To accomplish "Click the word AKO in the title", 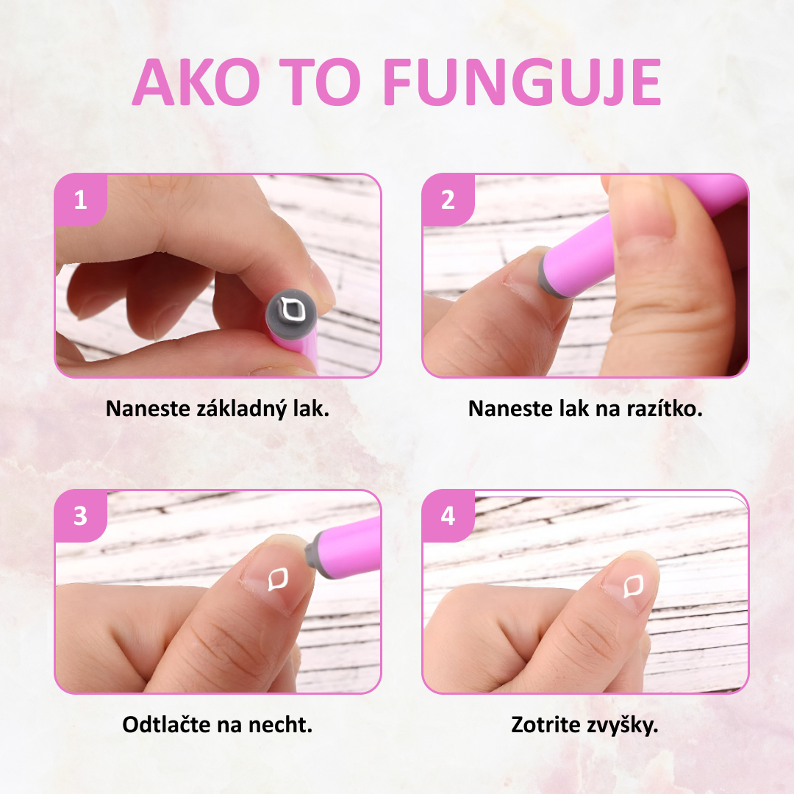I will [196, 83].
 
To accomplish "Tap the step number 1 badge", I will [80, 199].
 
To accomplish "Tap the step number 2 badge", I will [448, 199].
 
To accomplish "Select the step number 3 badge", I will [80, 515].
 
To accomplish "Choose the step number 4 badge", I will [448, 515].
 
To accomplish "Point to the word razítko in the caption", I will [665, 409].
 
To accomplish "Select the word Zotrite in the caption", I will [545, 724].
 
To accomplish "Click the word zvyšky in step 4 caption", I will [622, 724].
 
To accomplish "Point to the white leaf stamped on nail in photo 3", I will [279, 579].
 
